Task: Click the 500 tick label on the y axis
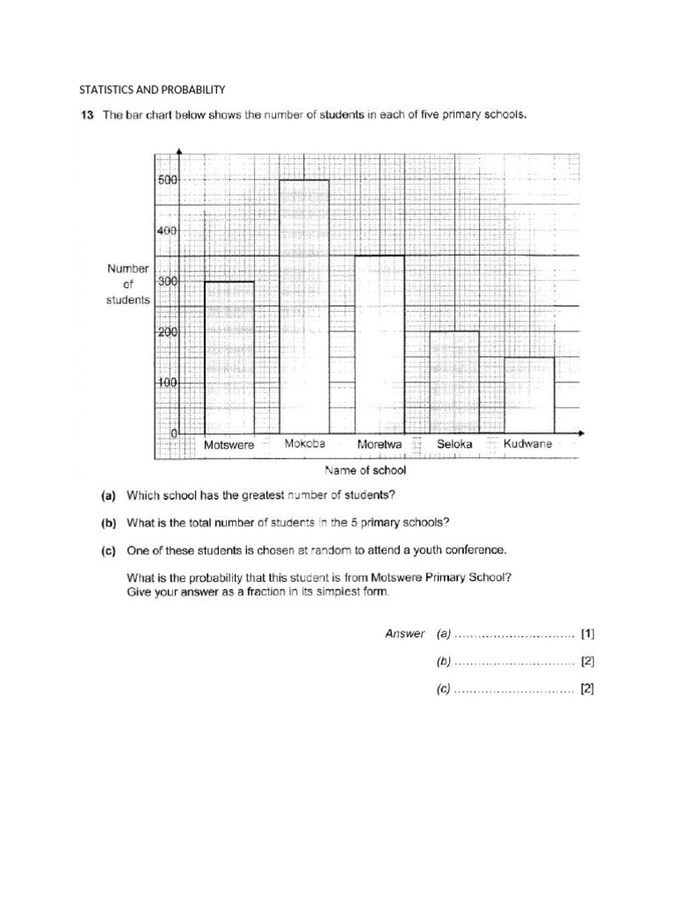pyautogui.click(x=168, y=179)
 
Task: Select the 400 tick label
pyautogui.click(x=168, y=230)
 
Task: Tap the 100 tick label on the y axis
pyautogui.click(x=168, y=383)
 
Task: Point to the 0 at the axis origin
pyautogui.click(x=174, y=434)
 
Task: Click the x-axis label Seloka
pyautogui.click(x=454, y=445)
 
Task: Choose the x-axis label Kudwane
pyautogui.click(x=528, y=445)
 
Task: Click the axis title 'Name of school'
pyautogui.click(x=366, y=470)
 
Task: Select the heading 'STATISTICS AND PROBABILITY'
pyautogui.click(x=153, y=90)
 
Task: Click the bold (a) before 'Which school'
pyautogui.click(x=110, y=495)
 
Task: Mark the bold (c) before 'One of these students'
pyautogui.click(x=110, y=550)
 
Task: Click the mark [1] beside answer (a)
pyautogui.click(x=588, y=633)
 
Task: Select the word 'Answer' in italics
pyautogui.click(x=405, y=633)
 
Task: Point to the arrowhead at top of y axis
pyautogui.click(x=179, y=151)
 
